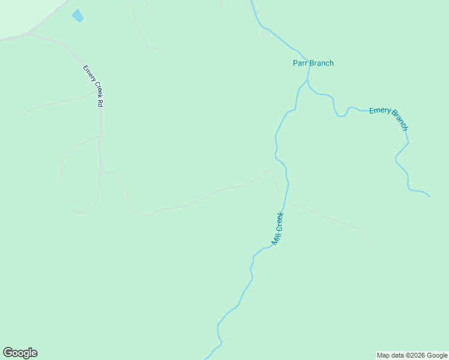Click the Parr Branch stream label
click(313, 63)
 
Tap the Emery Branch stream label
click(389, 118)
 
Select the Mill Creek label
click(277, 229)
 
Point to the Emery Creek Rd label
click(93, 86)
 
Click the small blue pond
click(77, 16)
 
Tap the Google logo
click(20, 353)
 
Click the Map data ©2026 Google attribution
click(412, 355)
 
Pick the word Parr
click(300, 63)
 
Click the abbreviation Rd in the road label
click(100, 102)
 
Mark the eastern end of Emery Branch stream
click(429, 196)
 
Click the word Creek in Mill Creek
click(279, 222)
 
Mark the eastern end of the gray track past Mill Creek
click(372, 242)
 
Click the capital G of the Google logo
click(8, 352)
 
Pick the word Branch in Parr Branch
click(321, 63)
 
